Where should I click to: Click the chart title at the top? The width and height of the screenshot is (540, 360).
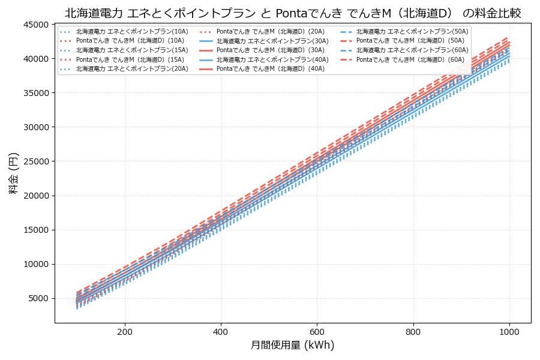[293, 13]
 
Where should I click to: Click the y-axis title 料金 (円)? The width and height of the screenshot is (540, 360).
[13, 173]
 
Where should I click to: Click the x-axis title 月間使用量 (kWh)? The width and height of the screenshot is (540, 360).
[292, 346]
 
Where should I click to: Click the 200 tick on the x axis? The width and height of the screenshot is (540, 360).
[125, 331]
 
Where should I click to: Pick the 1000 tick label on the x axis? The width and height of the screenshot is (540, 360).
[509, 331]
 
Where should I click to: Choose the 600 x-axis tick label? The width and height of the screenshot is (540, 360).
[317, 331]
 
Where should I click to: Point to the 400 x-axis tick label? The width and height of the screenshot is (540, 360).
[221, 331]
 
